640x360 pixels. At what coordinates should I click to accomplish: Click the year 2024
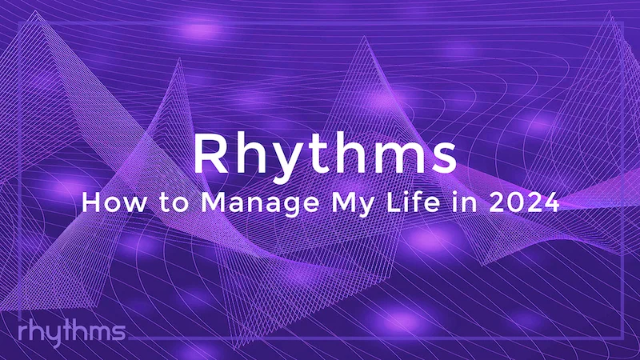tap(522, 202)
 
